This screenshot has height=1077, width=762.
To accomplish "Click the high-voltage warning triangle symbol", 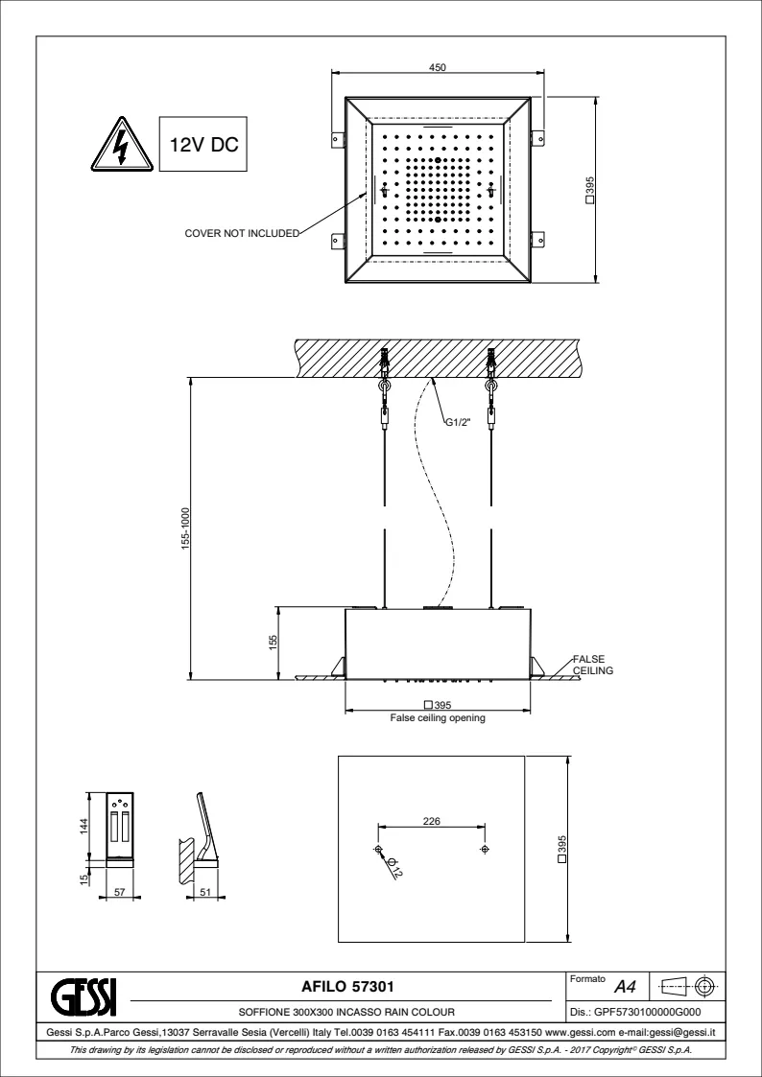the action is [x=122, y=146].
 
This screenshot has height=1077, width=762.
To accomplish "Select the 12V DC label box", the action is [x=202, y=144].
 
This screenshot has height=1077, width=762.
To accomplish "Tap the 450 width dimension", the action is [x=438, y=67].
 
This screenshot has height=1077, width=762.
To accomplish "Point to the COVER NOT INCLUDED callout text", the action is [x=242, y=234].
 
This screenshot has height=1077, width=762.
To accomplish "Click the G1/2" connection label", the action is [x=458, y=422].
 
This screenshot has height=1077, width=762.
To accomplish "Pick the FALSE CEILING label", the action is [x=593, y=665].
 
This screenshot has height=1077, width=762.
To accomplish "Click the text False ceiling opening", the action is [x=438, y=718].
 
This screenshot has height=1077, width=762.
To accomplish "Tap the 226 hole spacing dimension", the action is [x=431, y=821].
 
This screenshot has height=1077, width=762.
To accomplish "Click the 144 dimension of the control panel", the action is [x=83, y=824].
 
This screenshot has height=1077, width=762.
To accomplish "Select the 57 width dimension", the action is [x=120, y=892].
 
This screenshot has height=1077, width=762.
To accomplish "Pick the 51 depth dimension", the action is [x=204, y=892].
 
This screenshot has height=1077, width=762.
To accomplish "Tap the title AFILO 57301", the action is [x=347, y=987].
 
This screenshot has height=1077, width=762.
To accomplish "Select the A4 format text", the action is [x=625, y=988].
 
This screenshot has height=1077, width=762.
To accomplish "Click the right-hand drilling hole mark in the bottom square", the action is [x=485, y=850].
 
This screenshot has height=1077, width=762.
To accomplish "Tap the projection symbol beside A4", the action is [x=688, y=987].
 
